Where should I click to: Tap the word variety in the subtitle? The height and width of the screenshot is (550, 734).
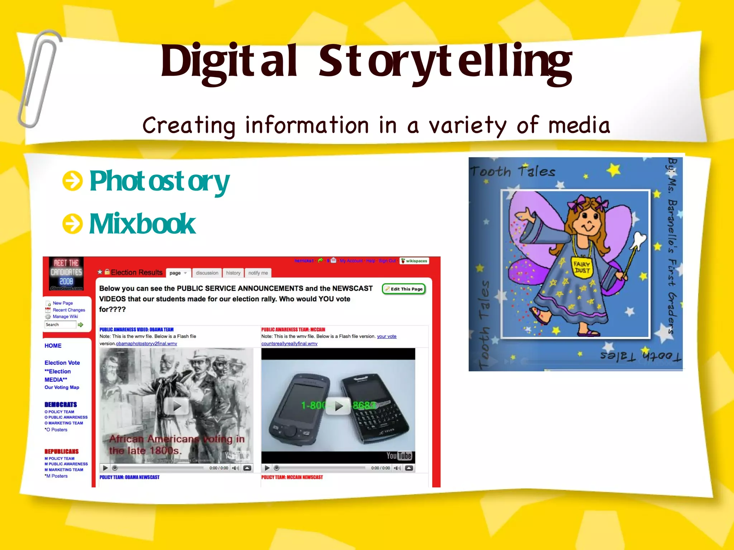(x=467, y=126)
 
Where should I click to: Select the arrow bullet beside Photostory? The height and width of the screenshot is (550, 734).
(x=72, y=181)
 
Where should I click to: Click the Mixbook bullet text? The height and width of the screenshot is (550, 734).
(x=142, y=224)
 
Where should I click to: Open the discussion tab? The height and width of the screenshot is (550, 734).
(x=207, y=273)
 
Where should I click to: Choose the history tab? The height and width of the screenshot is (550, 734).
(x=233, y=273)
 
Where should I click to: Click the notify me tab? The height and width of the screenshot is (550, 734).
(x=258, y=273)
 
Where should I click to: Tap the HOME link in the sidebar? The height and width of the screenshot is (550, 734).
(x=53, y=346)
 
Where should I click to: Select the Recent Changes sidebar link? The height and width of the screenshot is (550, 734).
(x=69, y=310)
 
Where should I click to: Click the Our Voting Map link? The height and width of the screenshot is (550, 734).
(x=62, y=387)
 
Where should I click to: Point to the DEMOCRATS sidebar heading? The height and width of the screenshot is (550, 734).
(x=61, y=405)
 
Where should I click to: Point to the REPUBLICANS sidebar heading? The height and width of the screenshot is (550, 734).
(x=61, y=452)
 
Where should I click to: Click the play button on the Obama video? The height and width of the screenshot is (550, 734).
(x=176, y=406)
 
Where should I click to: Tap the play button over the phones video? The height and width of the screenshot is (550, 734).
(x=338, y=406)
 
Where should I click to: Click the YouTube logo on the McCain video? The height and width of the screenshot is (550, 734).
(x=399, y=456)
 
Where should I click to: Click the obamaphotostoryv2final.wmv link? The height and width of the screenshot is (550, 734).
(x=147, y=344)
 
